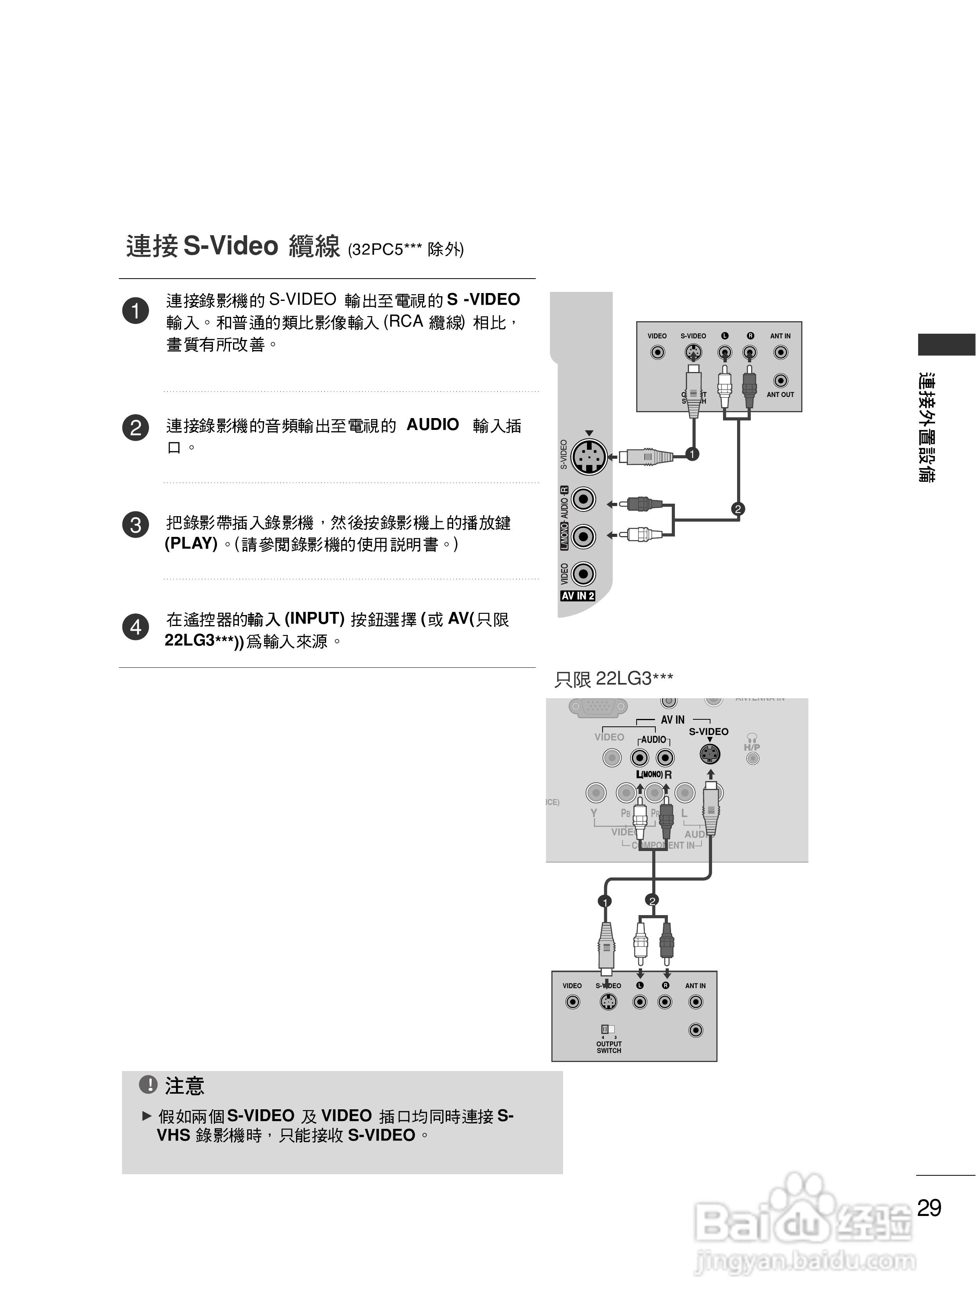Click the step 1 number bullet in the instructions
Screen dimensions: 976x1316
[135, 311]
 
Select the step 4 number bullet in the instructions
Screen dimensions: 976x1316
[135, 627]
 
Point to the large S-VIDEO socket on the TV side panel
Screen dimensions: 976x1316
[589, 456]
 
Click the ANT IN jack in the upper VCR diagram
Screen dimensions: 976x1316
[780, 352]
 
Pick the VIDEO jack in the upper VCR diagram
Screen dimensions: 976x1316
[657, 352]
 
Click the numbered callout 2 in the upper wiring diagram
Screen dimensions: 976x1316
[737, 508]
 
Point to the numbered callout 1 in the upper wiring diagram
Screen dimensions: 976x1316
[693, 454]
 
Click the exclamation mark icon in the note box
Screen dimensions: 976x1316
[148, 1085]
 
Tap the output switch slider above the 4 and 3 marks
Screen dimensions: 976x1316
[607, 1029]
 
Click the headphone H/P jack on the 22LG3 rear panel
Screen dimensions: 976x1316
[752, 758]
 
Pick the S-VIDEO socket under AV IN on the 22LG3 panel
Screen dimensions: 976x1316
[710, 754]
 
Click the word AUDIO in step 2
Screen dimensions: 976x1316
[432, 424]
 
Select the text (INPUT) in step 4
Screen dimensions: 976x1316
[314, 619]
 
